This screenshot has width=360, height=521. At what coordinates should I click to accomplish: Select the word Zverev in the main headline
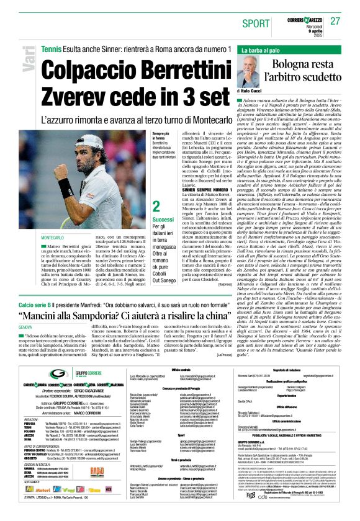click(74, 96)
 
